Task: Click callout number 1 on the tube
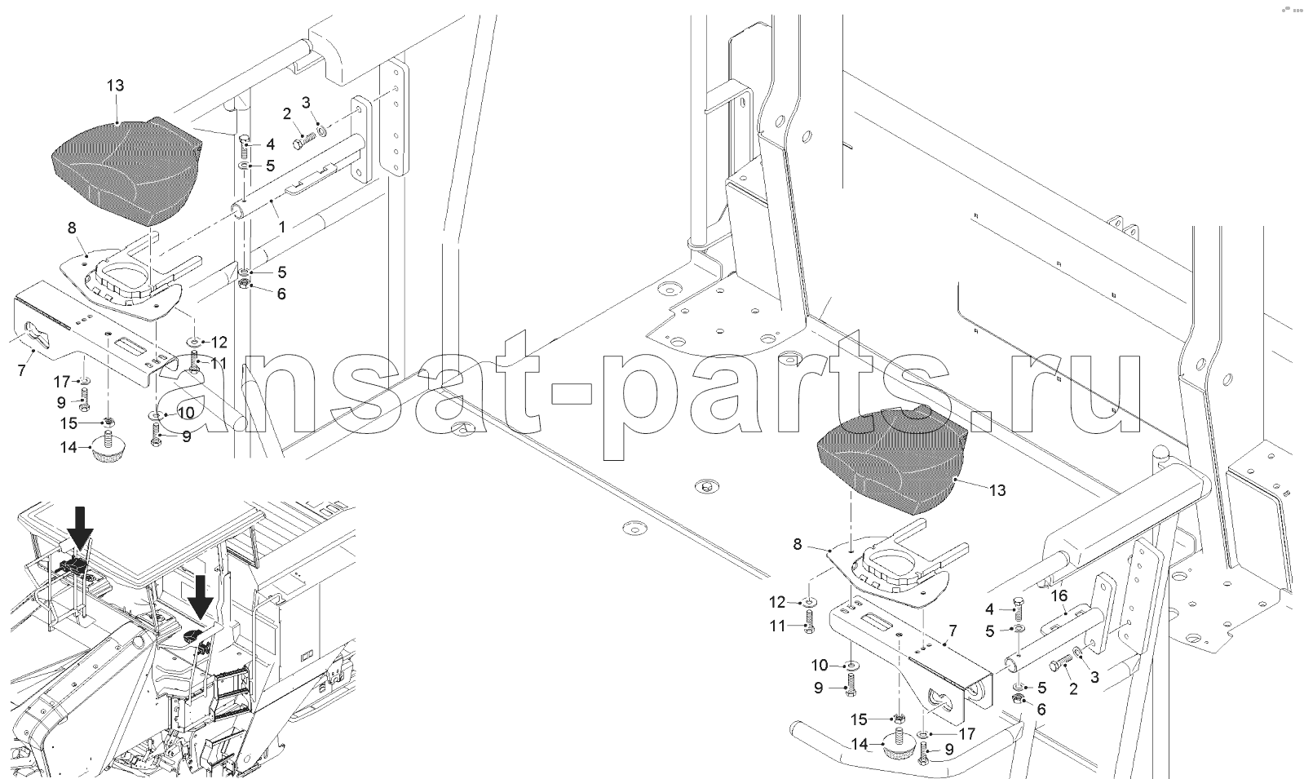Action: [x=281, y=227]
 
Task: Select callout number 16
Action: [x=1059, y=595]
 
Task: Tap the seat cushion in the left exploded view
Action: [x=127, y=172]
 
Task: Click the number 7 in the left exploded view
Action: [x=21, y=370]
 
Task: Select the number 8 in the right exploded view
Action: [x=797, y=544]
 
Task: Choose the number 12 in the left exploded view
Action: [x=219, y=342]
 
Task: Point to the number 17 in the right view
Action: [x=967, y=734]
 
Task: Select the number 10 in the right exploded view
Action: [x=820, y=665]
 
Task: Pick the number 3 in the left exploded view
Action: [x=306, y=103]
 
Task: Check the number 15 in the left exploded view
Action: [x=69, y=423]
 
